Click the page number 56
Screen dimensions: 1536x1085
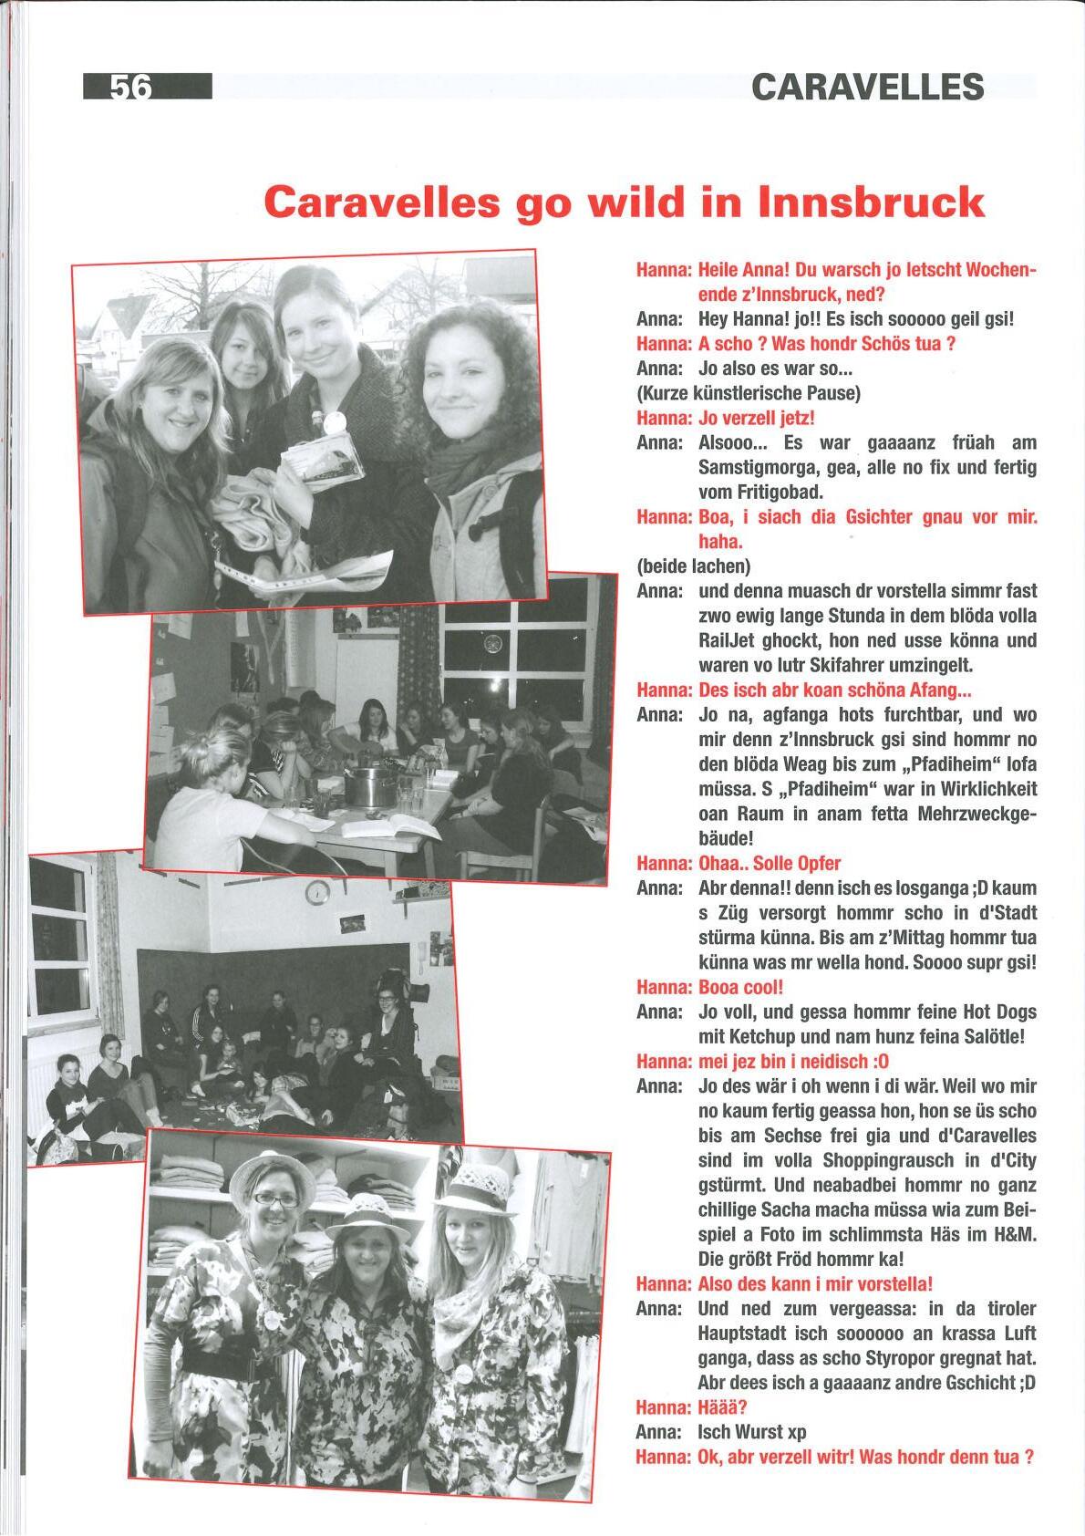pyautogui.click(x=130, y=87)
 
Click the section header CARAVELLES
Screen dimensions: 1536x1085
pyautogui.click(x=867, y=88)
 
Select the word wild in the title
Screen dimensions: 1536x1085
pyautogui.click(x=634, y=201)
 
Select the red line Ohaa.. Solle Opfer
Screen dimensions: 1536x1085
pyautogui.click(x=769, y=863)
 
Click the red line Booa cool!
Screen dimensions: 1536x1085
pyautogui.click(x=740, y=987)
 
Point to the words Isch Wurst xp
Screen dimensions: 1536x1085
pyautogui.click(x=751, y=1431)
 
